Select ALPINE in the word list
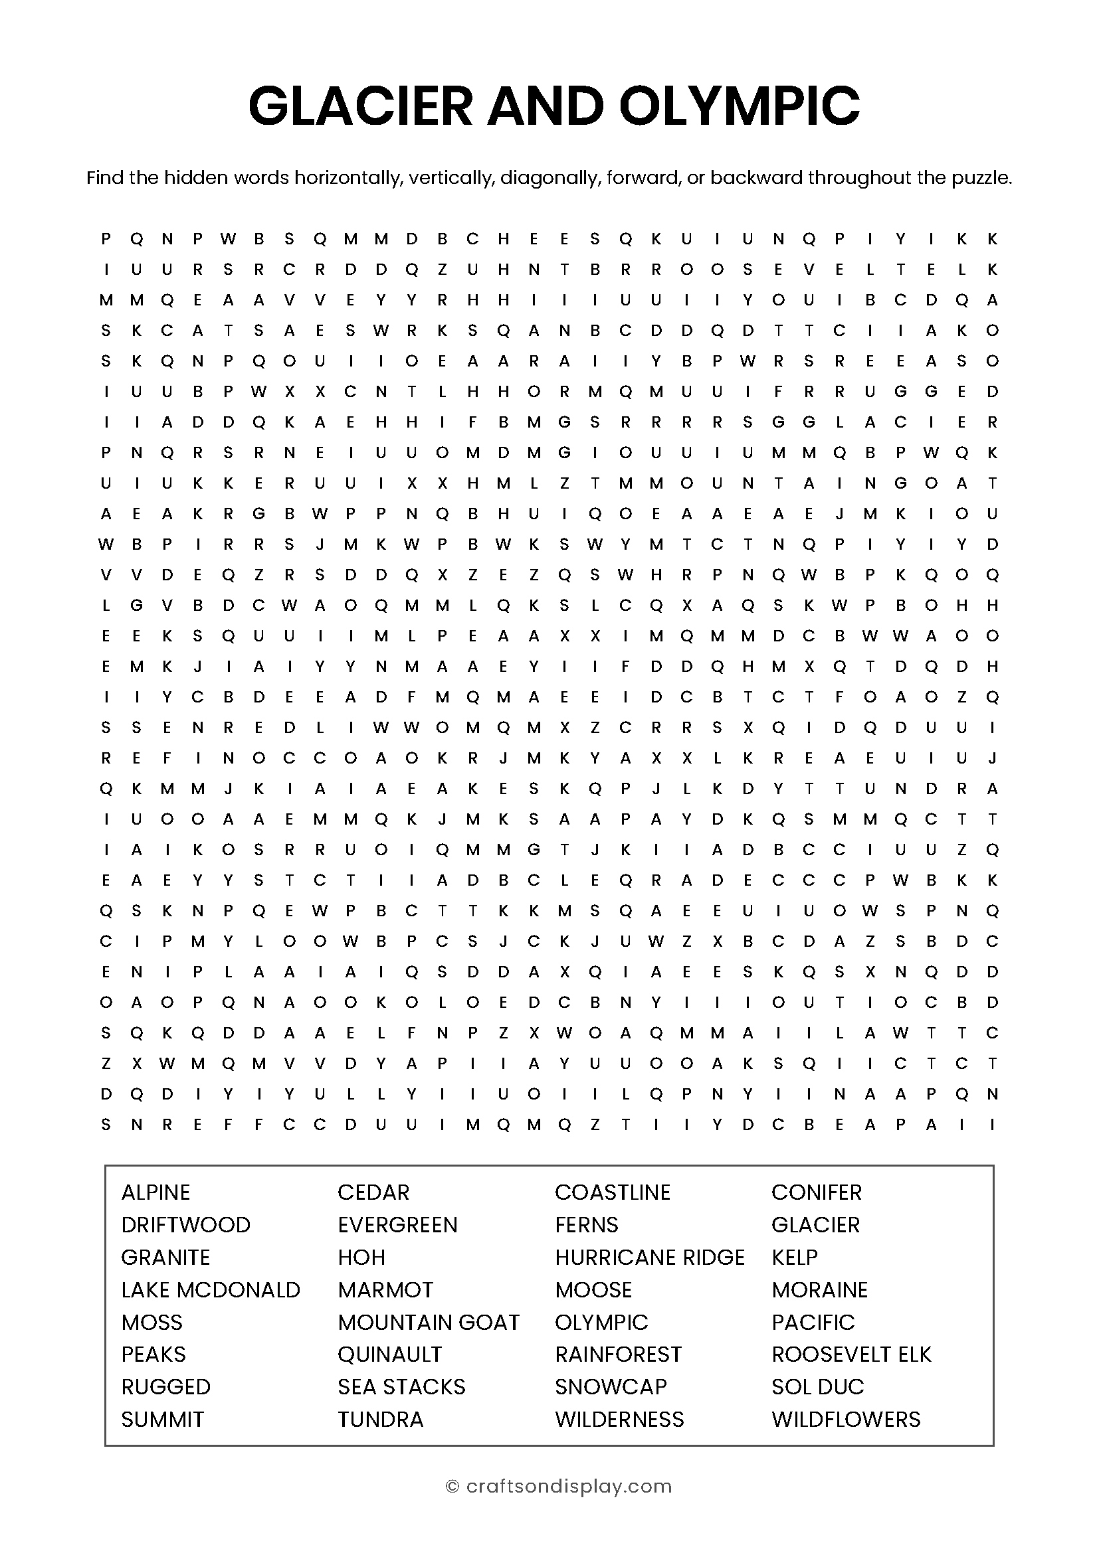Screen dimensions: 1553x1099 [x=155, y=1192]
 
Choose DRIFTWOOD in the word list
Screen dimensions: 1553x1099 [x=185, y=1224]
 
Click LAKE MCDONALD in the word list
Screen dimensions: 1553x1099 [x=211, y=1289]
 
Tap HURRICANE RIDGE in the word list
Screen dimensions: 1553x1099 [x=650, y=1257]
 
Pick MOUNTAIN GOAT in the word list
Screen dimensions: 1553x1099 [x=429, y=1322]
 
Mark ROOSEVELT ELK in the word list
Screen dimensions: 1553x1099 [x=851, y=1354]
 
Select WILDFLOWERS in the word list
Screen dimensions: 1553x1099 [x=846, y=1419]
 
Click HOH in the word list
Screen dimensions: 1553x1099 [x=361, y=1257]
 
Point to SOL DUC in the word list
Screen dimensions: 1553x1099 [x=817, y=1386]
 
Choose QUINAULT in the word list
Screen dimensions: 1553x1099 [x=390, y=1354]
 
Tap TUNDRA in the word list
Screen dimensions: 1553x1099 [x=380, y=1419]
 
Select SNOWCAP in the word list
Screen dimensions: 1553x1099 [x=611, y=1386]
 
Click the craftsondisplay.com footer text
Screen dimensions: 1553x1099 [x=569, y=1486]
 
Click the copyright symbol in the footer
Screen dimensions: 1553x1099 [x=452, y=1486]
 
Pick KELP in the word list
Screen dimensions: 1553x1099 [x=795, y=1257]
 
